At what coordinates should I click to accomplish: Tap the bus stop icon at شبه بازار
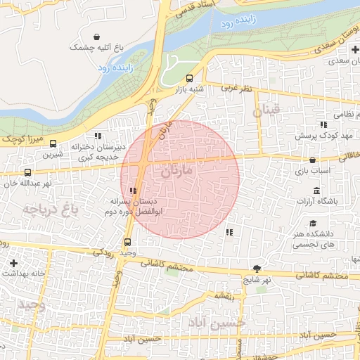tap(188, 78)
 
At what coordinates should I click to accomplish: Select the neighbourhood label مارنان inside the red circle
tap(176, 172)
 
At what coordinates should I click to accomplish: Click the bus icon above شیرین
tap(53, 143)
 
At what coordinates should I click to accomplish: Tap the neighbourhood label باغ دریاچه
tap(49, 209)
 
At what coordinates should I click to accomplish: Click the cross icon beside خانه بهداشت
tap(13, 264)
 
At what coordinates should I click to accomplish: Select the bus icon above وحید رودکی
tap(127, 242)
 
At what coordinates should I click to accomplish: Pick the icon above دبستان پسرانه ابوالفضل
tap(133, 190)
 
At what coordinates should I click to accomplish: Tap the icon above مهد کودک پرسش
tap(323, 124)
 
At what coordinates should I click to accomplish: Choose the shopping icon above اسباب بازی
tap(312, 160)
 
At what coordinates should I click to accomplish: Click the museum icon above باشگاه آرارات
tap(316, 191)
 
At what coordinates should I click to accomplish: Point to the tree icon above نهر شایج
tap(257, 268)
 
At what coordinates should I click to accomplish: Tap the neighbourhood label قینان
tap(268, 110)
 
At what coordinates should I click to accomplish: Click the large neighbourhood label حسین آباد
tap(214, 322)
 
